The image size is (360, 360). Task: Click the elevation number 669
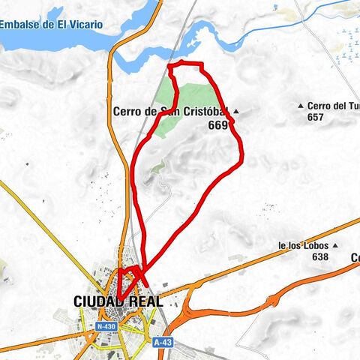pyautogui.click(x=217, y=126)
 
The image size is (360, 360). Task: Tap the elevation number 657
pyautogui.click(x=315, y=117)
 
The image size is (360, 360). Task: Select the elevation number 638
pyautogui.click(x=320, y=256)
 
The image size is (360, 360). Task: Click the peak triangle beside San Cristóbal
pyautogui.click(x=235, y=112)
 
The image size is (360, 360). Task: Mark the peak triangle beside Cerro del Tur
pyautogui.click(x=301, y=106)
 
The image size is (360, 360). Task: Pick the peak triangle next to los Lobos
pyautogui.click(x=336, y=245)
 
